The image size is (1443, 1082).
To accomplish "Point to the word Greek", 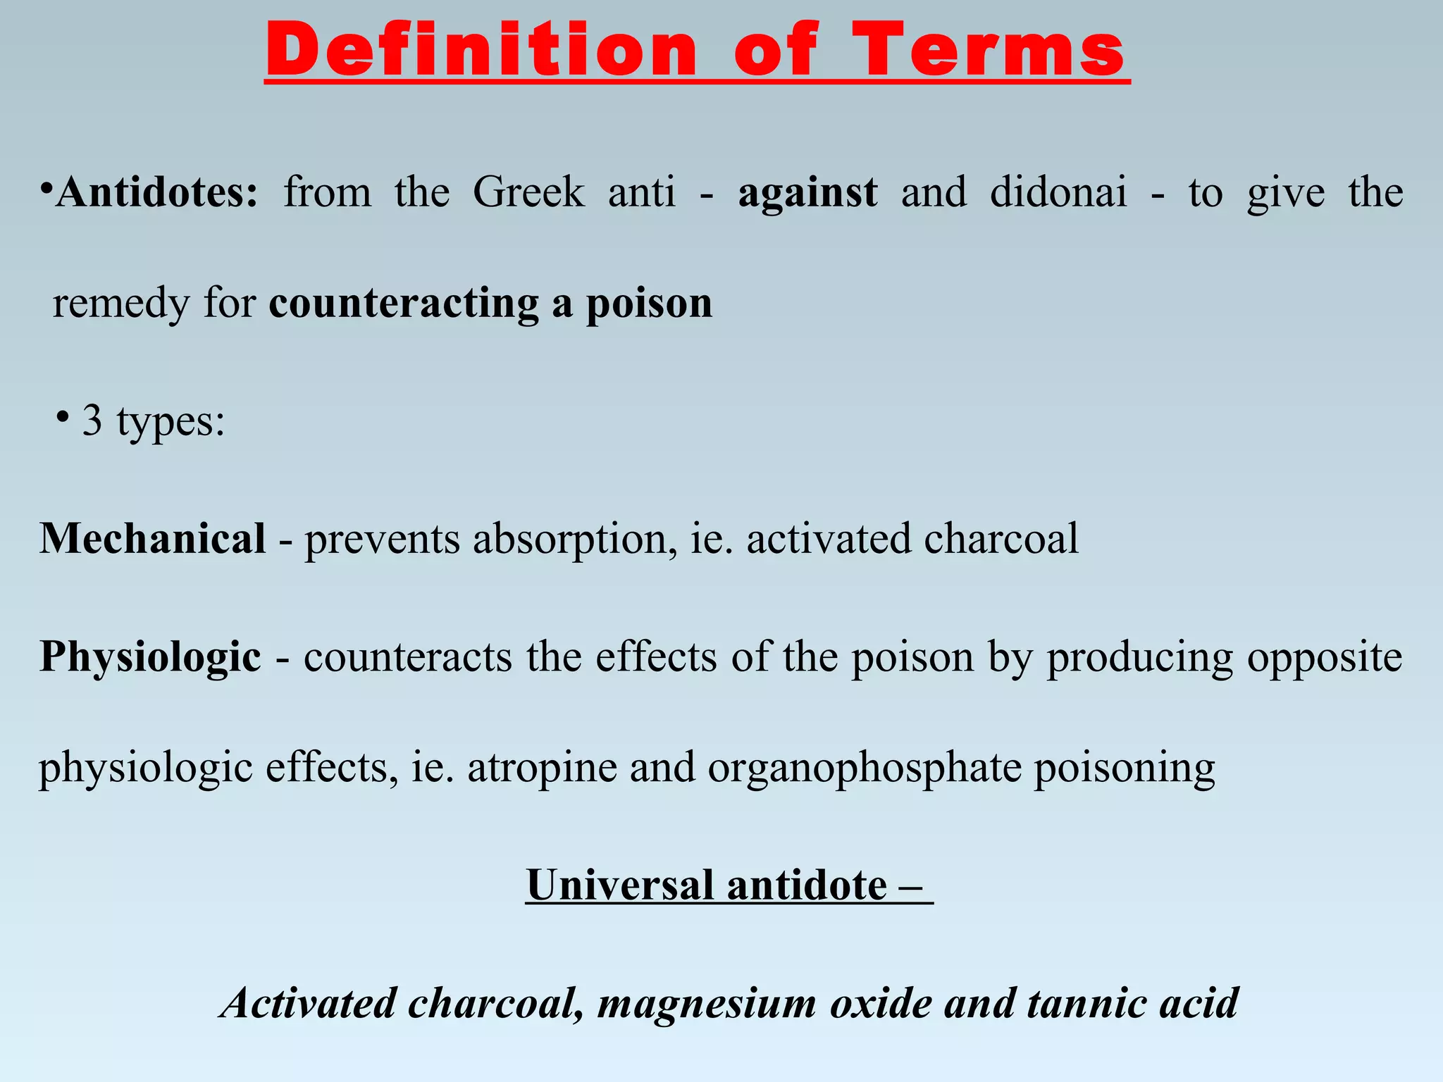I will coord(528,192).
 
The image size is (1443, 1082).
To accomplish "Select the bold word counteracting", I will coord(404,303).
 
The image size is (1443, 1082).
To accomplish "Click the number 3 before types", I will coord(92,421).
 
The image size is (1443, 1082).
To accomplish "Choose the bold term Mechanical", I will coord(153,539).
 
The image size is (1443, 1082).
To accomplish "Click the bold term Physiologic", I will coord(151,657).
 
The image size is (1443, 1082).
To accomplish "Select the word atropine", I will coord(543,768).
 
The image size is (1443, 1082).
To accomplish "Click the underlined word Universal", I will coord(620,885).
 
